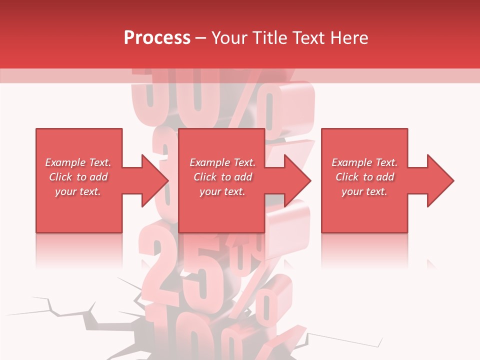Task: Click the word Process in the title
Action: click(x=157, y=38)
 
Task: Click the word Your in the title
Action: click(x=229, y=38)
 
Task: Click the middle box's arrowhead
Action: click(x=298, y=180)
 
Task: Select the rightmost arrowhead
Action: click(x=440, y=180)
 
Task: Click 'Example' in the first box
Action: click(x=65, y=162)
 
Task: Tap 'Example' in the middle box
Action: click(x=209, y=162)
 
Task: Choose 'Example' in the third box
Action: click(x=351, y=162)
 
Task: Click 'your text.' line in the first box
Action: click(x=78, y=191)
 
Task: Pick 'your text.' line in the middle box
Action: click(x=222, y=191)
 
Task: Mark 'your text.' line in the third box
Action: click(x=364, y=191)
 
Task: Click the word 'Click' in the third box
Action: click(x=347, y=177)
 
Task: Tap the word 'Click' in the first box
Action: click(x=60, y=177)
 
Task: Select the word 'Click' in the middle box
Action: click(x=205, y=177)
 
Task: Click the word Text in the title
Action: click(x=308, y=38)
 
